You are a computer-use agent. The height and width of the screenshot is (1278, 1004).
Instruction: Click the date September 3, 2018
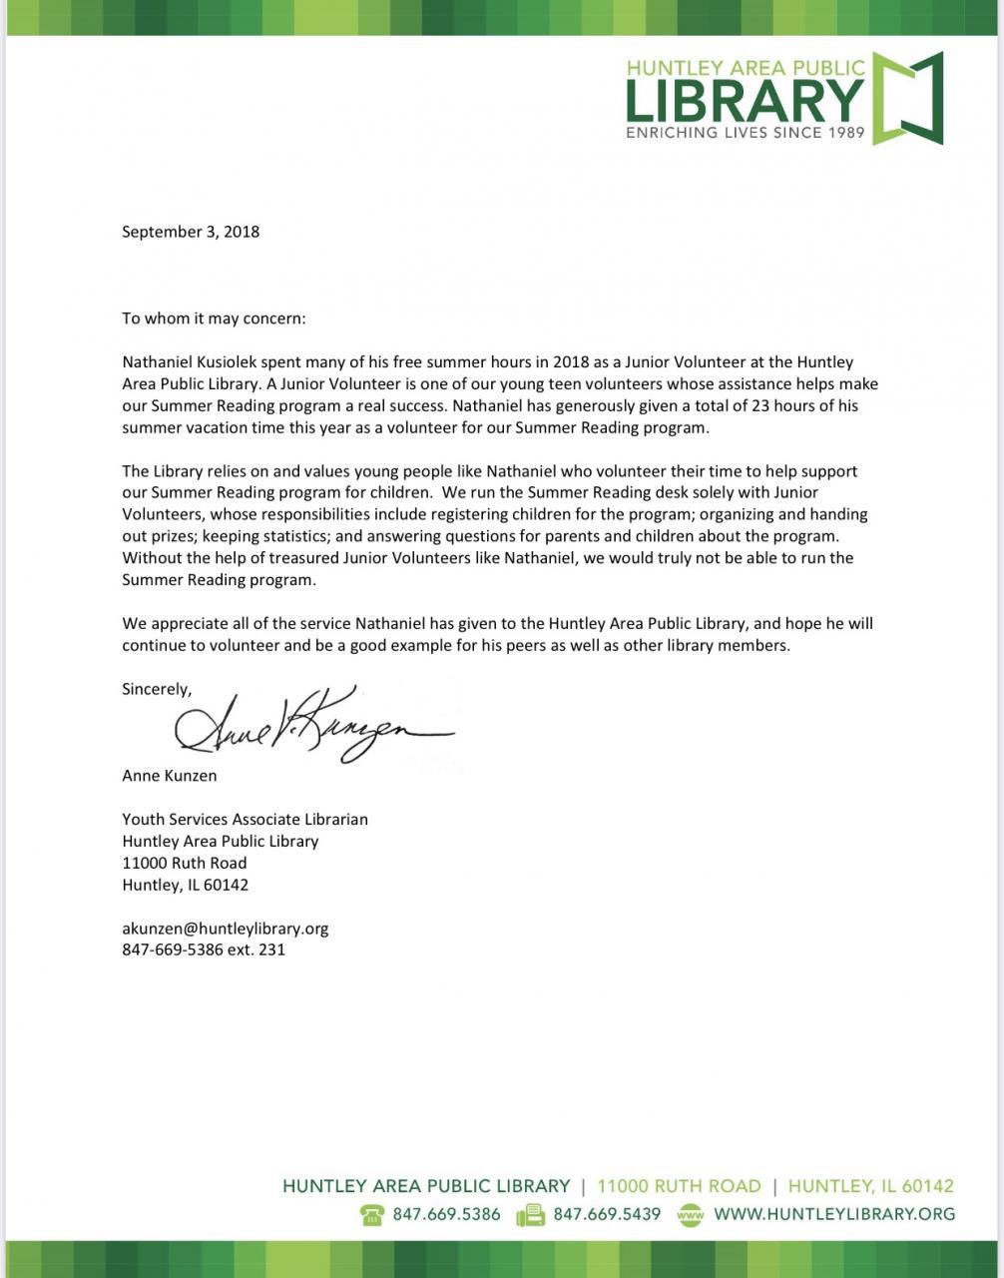click(x=191, y=232)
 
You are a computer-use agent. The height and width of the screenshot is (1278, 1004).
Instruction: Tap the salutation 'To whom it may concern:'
click(x=214, y=319)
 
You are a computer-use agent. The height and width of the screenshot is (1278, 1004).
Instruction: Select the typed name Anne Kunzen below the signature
click(x=169, y=775)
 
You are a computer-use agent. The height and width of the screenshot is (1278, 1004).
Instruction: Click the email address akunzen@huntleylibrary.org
click(x=225, y=929)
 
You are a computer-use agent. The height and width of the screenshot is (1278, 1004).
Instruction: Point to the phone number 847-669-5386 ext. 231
click(x=204, y=950)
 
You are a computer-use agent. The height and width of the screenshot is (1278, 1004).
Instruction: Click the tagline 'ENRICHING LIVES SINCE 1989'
click(x=745, y=132)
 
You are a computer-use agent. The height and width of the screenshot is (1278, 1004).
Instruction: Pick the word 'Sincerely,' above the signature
click(x=157, y=689)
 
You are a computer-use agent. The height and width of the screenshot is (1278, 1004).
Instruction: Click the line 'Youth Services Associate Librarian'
click(x=245, y=819)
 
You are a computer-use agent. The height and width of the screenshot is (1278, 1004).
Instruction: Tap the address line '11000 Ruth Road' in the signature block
click(x=185, y=863)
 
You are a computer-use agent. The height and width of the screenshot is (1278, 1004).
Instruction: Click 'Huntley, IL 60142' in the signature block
click(x=186, y=885)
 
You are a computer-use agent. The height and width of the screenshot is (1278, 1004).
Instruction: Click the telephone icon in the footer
click(x=372, y=1215)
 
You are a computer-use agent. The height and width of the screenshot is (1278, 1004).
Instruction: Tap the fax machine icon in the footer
click(x=530, y=1215)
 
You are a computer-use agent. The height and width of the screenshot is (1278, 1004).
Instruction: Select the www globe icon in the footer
click(x=691, y=1215)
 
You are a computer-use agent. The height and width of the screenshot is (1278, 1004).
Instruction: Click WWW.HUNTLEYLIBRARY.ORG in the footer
click(x=834, y=1215)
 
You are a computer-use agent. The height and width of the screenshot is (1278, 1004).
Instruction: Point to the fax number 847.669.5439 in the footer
click(x=607, y=1215)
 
